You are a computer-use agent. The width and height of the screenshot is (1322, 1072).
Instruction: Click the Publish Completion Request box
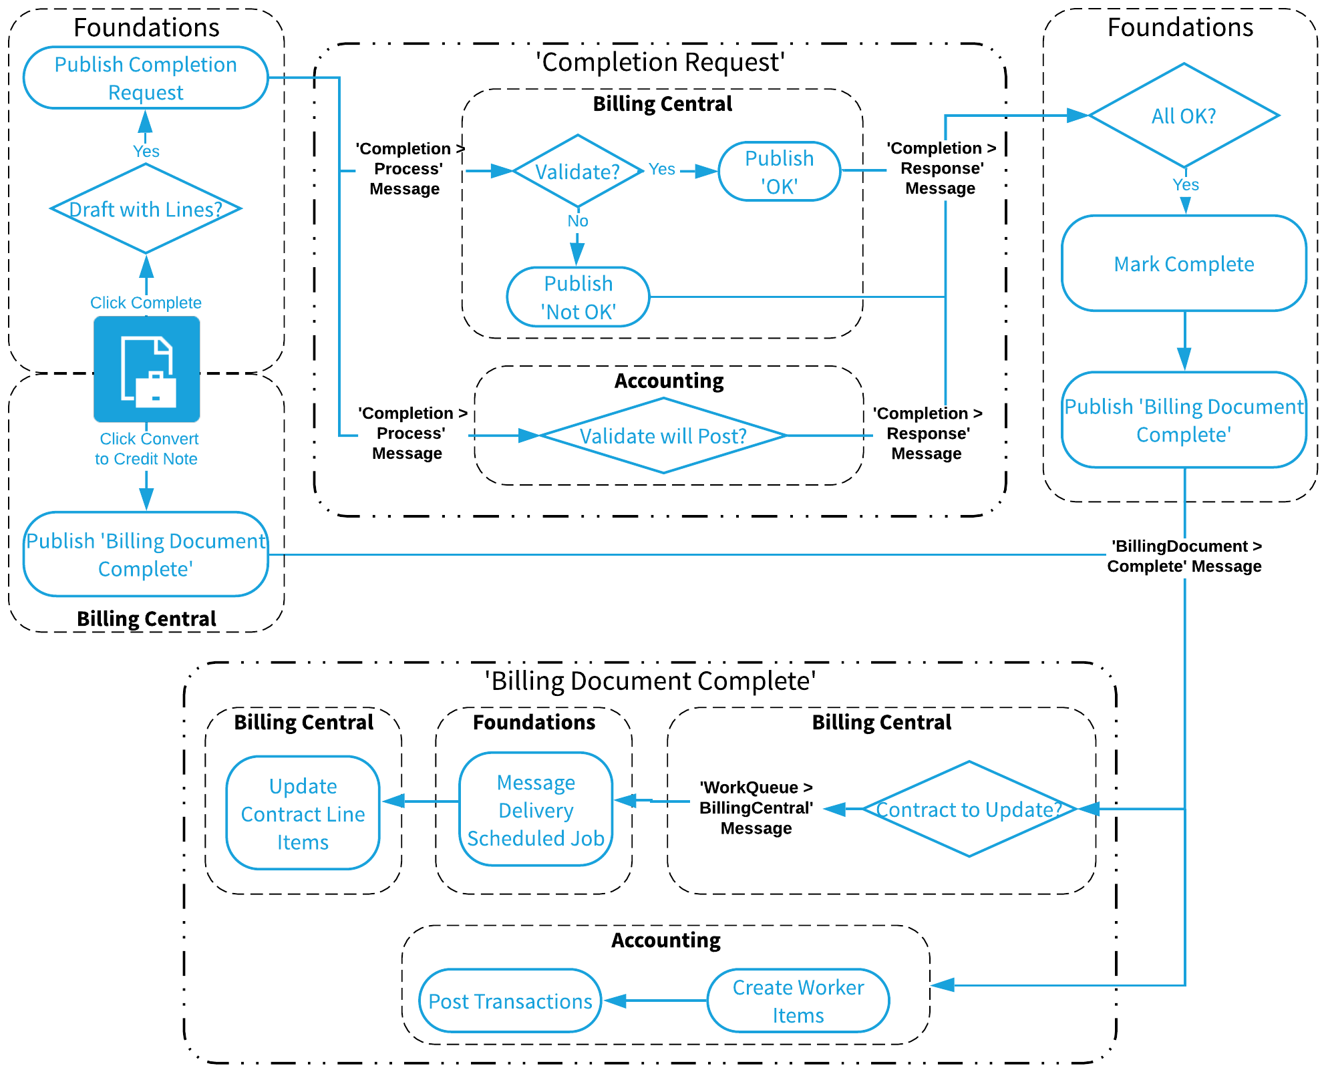point(146,77)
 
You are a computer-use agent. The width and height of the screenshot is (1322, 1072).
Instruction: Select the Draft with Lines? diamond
point(146,209)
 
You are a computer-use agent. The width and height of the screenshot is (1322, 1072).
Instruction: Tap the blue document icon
point(147,369)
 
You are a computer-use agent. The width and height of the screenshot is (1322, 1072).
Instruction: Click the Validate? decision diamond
point(578,171)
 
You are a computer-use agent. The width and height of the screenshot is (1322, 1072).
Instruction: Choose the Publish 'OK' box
point(779,172)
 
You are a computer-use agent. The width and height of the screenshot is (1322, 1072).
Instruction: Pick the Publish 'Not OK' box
point(578,297)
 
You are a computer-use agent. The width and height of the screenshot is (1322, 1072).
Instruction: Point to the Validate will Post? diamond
point(663,435)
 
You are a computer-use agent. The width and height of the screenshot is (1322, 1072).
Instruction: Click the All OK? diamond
point(1184,116)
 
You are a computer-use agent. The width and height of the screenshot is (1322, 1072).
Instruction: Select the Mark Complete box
point(1184,264)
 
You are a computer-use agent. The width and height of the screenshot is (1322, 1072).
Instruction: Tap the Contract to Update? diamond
point(969,809)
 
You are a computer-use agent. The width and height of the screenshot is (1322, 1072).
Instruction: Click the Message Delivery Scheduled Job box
point(536,810)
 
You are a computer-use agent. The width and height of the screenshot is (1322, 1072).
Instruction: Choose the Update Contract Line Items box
point(303,813)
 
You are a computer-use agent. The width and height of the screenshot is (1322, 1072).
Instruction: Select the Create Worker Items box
point(798,1001)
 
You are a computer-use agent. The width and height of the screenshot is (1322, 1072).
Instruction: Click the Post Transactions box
point(510,1001)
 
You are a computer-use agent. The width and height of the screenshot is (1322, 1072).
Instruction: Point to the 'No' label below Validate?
point(578,221)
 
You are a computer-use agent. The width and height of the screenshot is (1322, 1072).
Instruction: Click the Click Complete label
point(146,303)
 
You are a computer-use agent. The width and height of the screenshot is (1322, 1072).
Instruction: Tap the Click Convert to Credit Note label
point(147,449)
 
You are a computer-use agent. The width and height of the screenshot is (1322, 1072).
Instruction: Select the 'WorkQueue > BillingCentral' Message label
point(756,808)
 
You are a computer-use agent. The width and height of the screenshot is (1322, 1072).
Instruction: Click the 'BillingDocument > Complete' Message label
point(1184,556)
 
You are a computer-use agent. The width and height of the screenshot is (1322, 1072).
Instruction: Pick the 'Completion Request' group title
point(660,62)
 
